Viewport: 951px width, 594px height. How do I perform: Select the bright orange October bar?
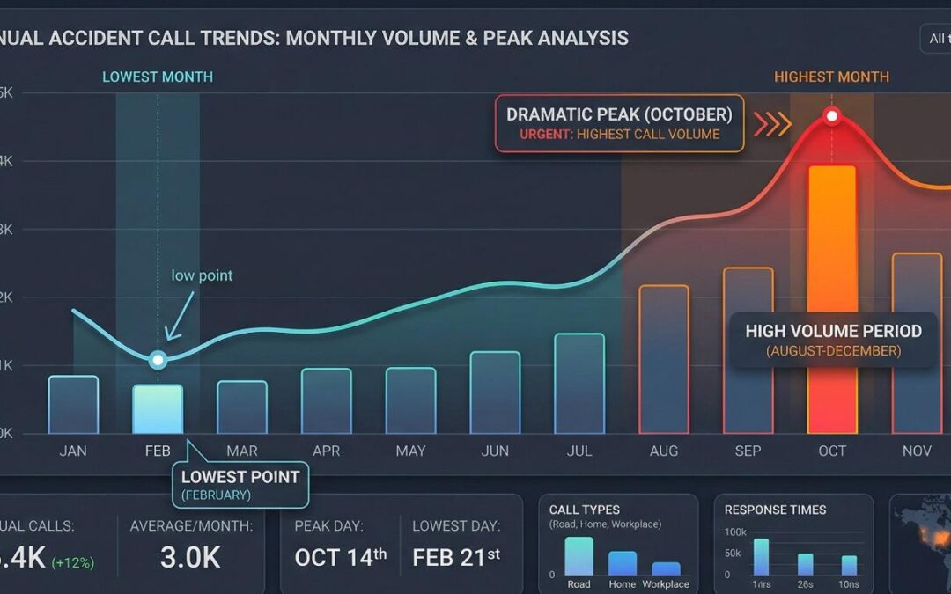click(831, 299)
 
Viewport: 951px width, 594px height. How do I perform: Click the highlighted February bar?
click(158, 409)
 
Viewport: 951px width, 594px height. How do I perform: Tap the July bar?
click(579, 384)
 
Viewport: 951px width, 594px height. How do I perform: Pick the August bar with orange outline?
click(664, 359)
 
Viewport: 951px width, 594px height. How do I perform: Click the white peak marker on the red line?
click(831, 116)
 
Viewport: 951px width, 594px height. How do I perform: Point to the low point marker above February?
click(158, 359)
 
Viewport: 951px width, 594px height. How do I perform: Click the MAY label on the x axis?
click(410, 451)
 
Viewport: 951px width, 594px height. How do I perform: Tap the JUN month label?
click(495, 451)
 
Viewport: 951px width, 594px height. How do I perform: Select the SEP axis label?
click(748, 451)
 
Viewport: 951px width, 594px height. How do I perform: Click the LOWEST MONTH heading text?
click(158, 77)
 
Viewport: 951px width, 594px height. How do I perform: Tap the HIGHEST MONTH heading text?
click(831, 77)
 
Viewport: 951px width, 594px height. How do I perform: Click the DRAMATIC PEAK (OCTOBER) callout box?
click(619, 124)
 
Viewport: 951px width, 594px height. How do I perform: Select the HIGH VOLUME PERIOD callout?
click(833, 340)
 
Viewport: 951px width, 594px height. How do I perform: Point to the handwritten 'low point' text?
click(202, 275)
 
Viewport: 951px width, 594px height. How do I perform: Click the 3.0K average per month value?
click(190, 557)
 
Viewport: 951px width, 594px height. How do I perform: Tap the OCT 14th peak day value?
click(341, 557)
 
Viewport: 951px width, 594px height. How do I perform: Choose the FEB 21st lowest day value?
click(456, 557)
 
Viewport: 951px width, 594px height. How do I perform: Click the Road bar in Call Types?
click(579, 556)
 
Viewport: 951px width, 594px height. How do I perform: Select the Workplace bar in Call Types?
click(666, 568)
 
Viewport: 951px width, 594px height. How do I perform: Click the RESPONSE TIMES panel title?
click(775, 510)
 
